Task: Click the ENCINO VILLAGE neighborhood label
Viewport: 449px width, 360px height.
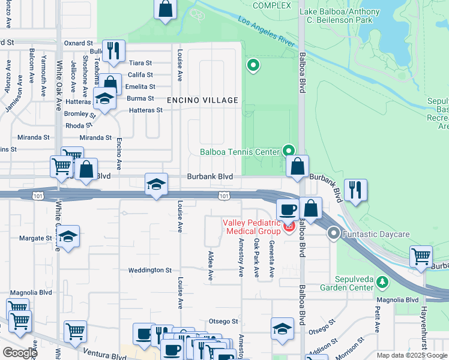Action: [202, 100]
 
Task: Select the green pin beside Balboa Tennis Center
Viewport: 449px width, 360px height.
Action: [289, 151]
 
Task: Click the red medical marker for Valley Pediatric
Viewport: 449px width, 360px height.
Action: [288, 226]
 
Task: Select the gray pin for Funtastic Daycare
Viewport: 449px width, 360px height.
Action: [334, 233]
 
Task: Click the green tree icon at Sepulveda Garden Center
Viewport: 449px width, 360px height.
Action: [382, 281]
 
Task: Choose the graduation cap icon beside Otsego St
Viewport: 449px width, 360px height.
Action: [282, 328]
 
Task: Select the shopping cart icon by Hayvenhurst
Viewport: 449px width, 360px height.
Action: [421, 257]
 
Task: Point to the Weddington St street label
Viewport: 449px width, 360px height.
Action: [149, 271]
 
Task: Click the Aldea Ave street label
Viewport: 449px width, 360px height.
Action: [211, 266]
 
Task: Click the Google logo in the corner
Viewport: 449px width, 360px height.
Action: [20, 353]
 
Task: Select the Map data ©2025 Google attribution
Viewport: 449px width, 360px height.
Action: [412, 355]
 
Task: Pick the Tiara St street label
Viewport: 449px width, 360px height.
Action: [140, 63]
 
